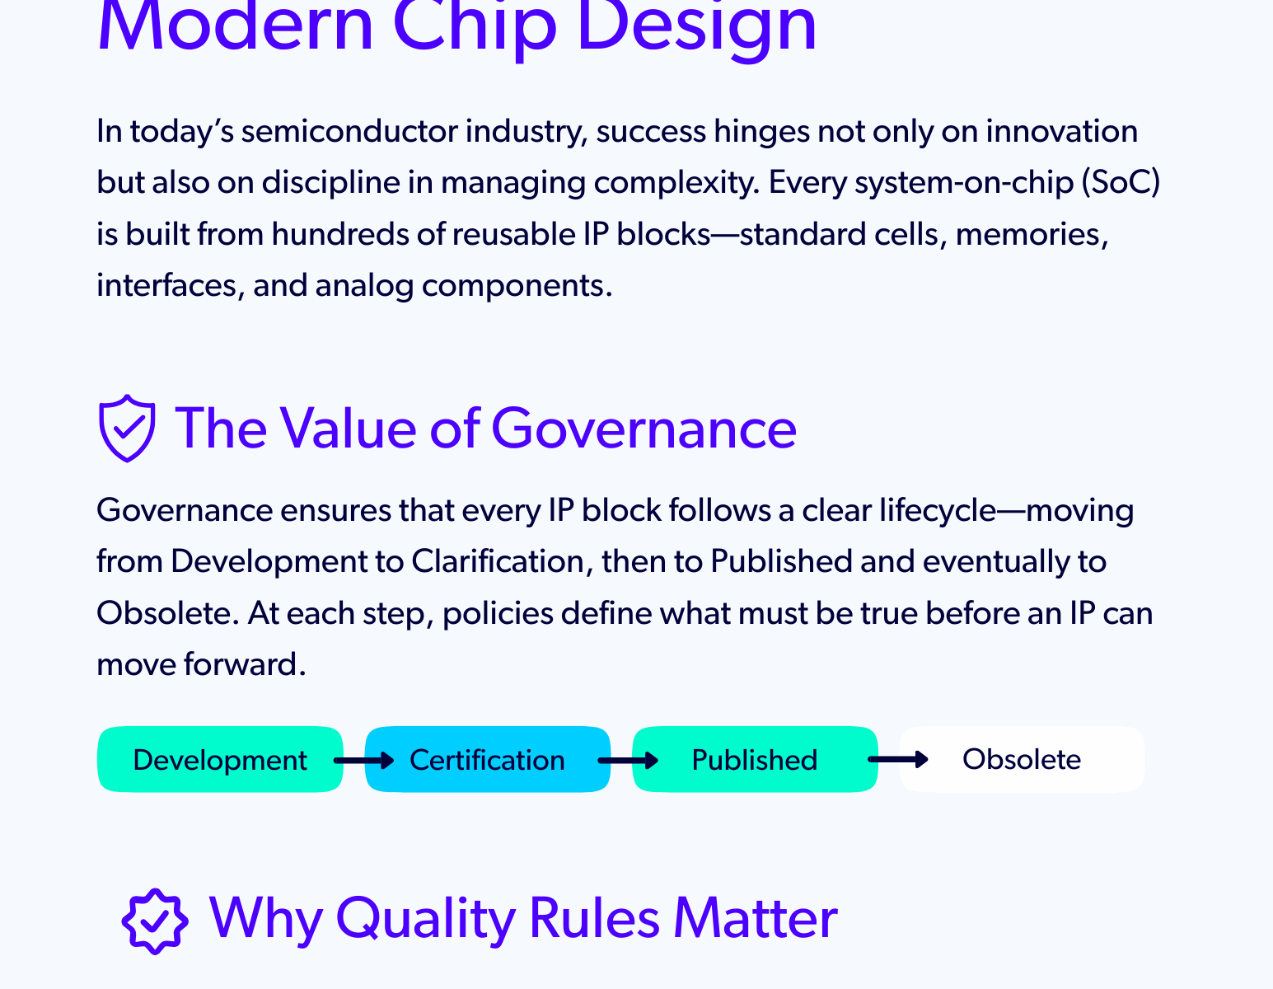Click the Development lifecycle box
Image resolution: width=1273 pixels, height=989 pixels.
coord(219,759)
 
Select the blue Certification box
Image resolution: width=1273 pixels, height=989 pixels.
coord(487,759)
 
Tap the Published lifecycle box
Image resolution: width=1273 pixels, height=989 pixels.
coord(754,759)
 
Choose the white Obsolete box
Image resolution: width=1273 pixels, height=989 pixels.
coord(1022,759)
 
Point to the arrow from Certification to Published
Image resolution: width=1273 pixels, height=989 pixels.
coord(628,760)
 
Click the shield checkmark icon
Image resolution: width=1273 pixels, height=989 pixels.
coord(126,428)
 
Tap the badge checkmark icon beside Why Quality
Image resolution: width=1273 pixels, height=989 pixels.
coord(155,921)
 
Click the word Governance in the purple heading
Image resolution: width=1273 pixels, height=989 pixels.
coord(644,429)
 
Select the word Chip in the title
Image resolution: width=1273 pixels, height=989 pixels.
coord(475,26)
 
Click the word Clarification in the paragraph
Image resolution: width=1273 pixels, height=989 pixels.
coord(498,561)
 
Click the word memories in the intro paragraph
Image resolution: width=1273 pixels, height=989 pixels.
coord(1032,234)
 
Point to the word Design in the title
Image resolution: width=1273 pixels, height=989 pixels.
coord(696,26)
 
